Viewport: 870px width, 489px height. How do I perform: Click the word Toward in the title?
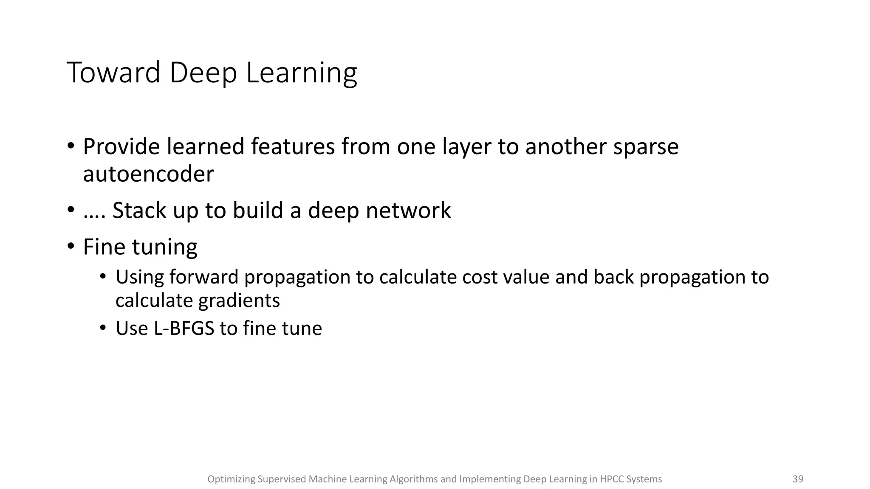tap(113, 73)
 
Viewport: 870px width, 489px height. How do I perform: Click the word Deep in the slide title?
tap(203, 73)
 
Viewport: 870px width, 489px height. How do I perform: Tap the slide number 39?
tap(798, 479)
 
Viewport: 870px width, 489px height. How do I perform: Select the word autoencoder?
tap(148, 174)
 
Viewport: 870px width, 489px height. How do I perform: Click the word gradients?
tap(239, 301)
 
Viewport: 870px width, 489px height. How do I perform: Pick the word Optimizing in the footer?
tap(231, 479)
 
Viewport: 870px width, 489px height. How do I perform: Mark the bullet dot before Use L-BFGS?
tap(103, 328)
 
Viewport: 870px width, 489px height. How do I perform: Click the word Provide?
tap(121, 146)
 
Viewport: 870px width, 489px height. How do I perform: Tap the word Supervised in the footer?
tap(282, 479)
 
